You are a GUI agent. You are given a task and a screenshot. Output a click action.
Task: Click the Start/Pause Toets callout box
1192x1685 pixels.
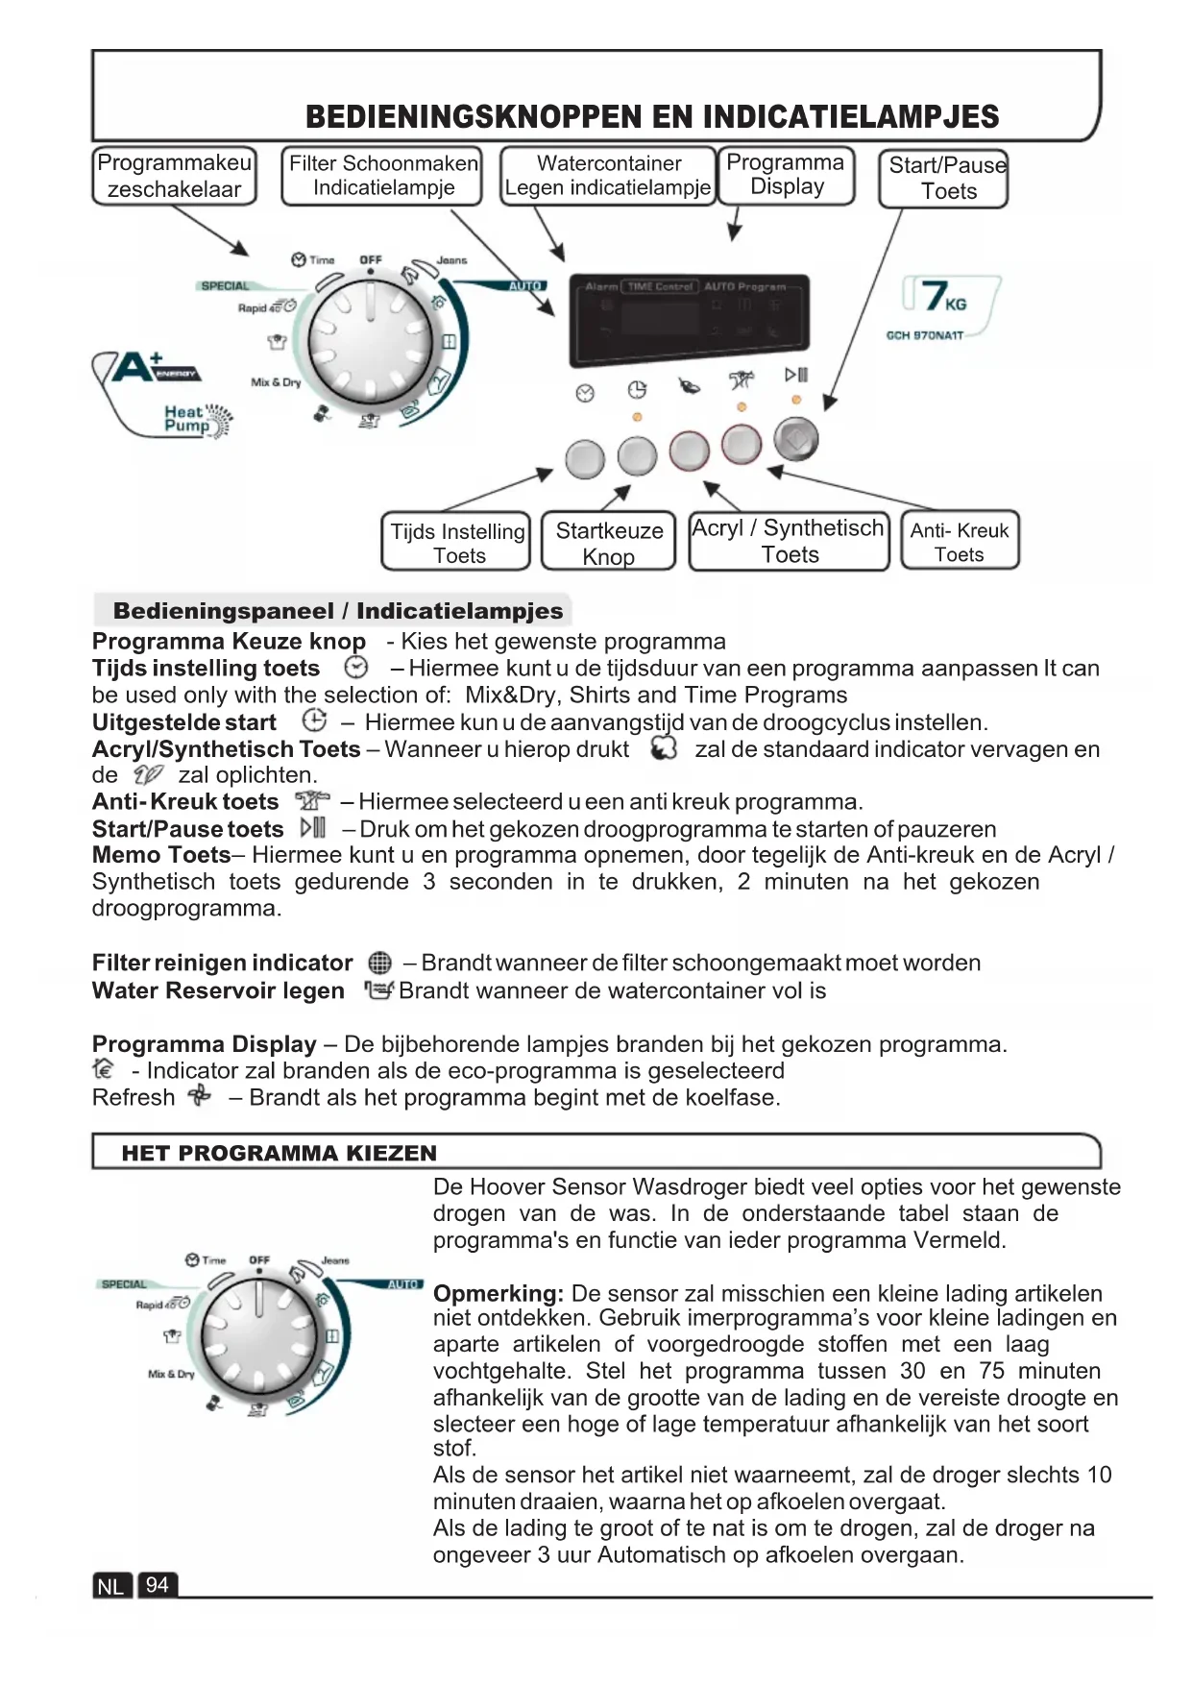(943, 179)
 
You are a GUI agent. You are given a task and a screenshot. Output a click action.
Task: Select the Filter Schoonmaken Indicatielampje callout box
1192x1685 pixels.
(382, 176)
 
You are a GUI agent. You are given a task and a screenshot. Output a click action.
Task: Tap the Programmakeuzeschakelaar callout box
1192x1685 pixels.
(174, 176)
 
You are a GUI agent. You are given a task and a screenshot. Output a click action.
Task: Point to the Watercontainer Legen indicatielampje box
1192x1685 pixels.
(608, 176)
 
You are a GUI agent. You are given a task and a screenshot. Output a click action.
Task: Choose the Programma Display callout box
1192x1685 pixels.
(786, 175)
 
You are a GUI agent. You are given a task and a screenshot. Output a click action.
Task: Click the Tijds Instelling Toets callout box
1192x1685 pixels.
(457, 542)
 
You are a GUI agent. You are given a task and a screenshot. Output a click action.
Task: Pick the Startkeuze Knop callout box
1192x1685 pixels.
(609, 542)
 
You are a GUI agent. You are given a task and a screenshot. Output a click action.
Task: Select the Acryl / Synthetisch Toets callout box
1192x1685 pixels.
(789, 541)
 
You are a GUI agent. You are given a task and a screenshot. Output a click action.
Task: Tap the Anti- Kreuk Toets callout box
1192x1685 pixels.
(960, 541)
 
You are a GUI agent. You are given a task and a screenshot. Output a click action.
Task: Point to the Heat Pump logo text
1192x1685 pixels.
(188, 419)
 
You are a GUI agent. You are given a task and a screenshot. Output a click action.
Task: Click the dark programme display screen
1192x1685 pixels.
(689, 320)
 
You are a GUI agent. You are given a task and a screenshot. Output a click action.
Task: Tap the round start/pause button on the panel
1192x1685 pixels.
(796, 440)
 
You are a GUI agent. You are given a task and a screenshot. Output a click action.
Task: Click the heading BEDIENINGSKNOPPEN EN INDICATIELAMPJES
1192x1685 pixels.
(652, 117)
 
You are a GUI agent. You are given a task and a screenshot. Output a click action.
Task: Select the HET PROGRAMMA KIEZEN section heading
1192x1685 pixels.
(279, 1153)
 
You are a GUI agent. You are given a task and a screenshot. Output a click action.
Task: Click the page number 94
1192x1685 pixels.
(158, 1585)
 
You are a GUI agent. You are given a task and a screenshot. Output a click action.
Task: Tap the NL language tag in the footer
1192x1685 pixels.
(111, 1586)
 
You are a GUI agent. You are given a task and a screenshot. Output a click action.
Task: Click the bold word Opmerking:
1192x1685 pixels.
(498, 1293)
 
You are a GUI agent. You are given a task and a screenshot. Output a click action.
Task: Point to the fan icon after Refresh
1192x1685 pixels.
(200, 1096)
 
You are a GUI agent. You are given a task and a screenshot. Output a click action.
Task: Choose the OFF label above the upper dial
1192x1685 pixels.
(370, 260)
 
